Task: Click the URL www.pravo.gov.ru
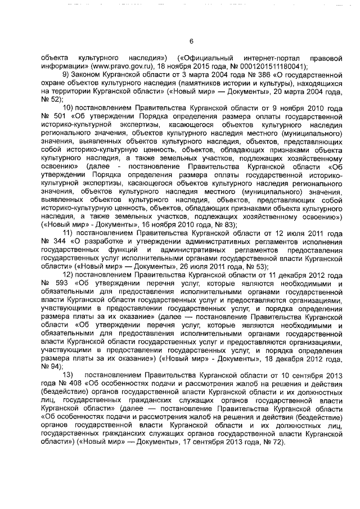click(110, 65)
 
